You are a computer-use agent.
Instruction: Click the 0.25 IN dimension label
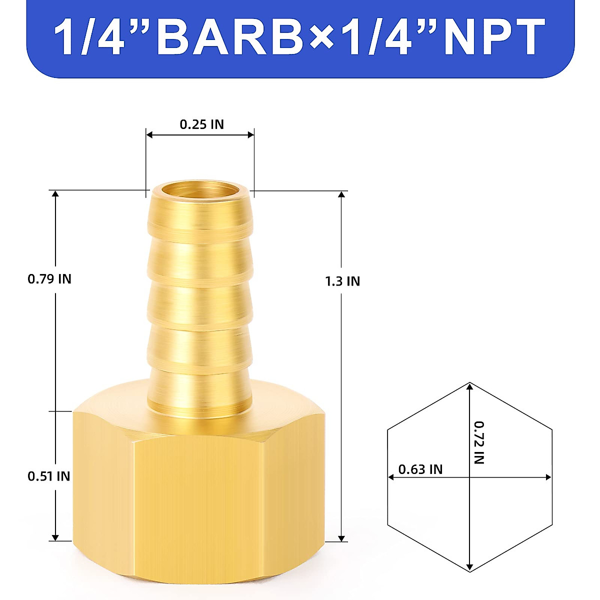coord(201,124)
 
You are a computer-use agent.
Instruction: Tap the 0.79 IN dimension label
coord(49,279)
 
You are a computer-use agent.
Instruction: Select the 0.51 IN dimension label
coord(49,476)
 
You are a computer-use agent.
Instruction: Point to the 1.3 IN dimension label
coord(342,281)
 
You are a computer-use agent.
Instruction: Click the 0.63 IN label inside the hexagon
coord(420,469)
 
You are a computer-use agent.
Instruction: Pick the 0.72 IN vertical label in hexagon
coord(479,442)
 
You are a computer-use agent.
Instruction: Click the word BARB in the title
coord(229,37)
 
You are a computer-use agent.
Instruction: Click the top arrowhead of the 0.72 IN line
coord(469,386)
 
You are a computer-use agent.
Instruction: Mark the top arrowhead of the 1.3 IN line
coord(342,195)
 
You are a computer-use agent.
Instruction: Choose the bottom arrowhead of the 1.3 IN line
coord(342,537)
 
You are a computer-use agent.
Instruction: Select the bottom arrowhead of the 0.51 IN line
coord(55,537)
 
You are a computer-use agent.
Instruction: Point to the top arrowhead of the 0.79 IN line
coord(55,194)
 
